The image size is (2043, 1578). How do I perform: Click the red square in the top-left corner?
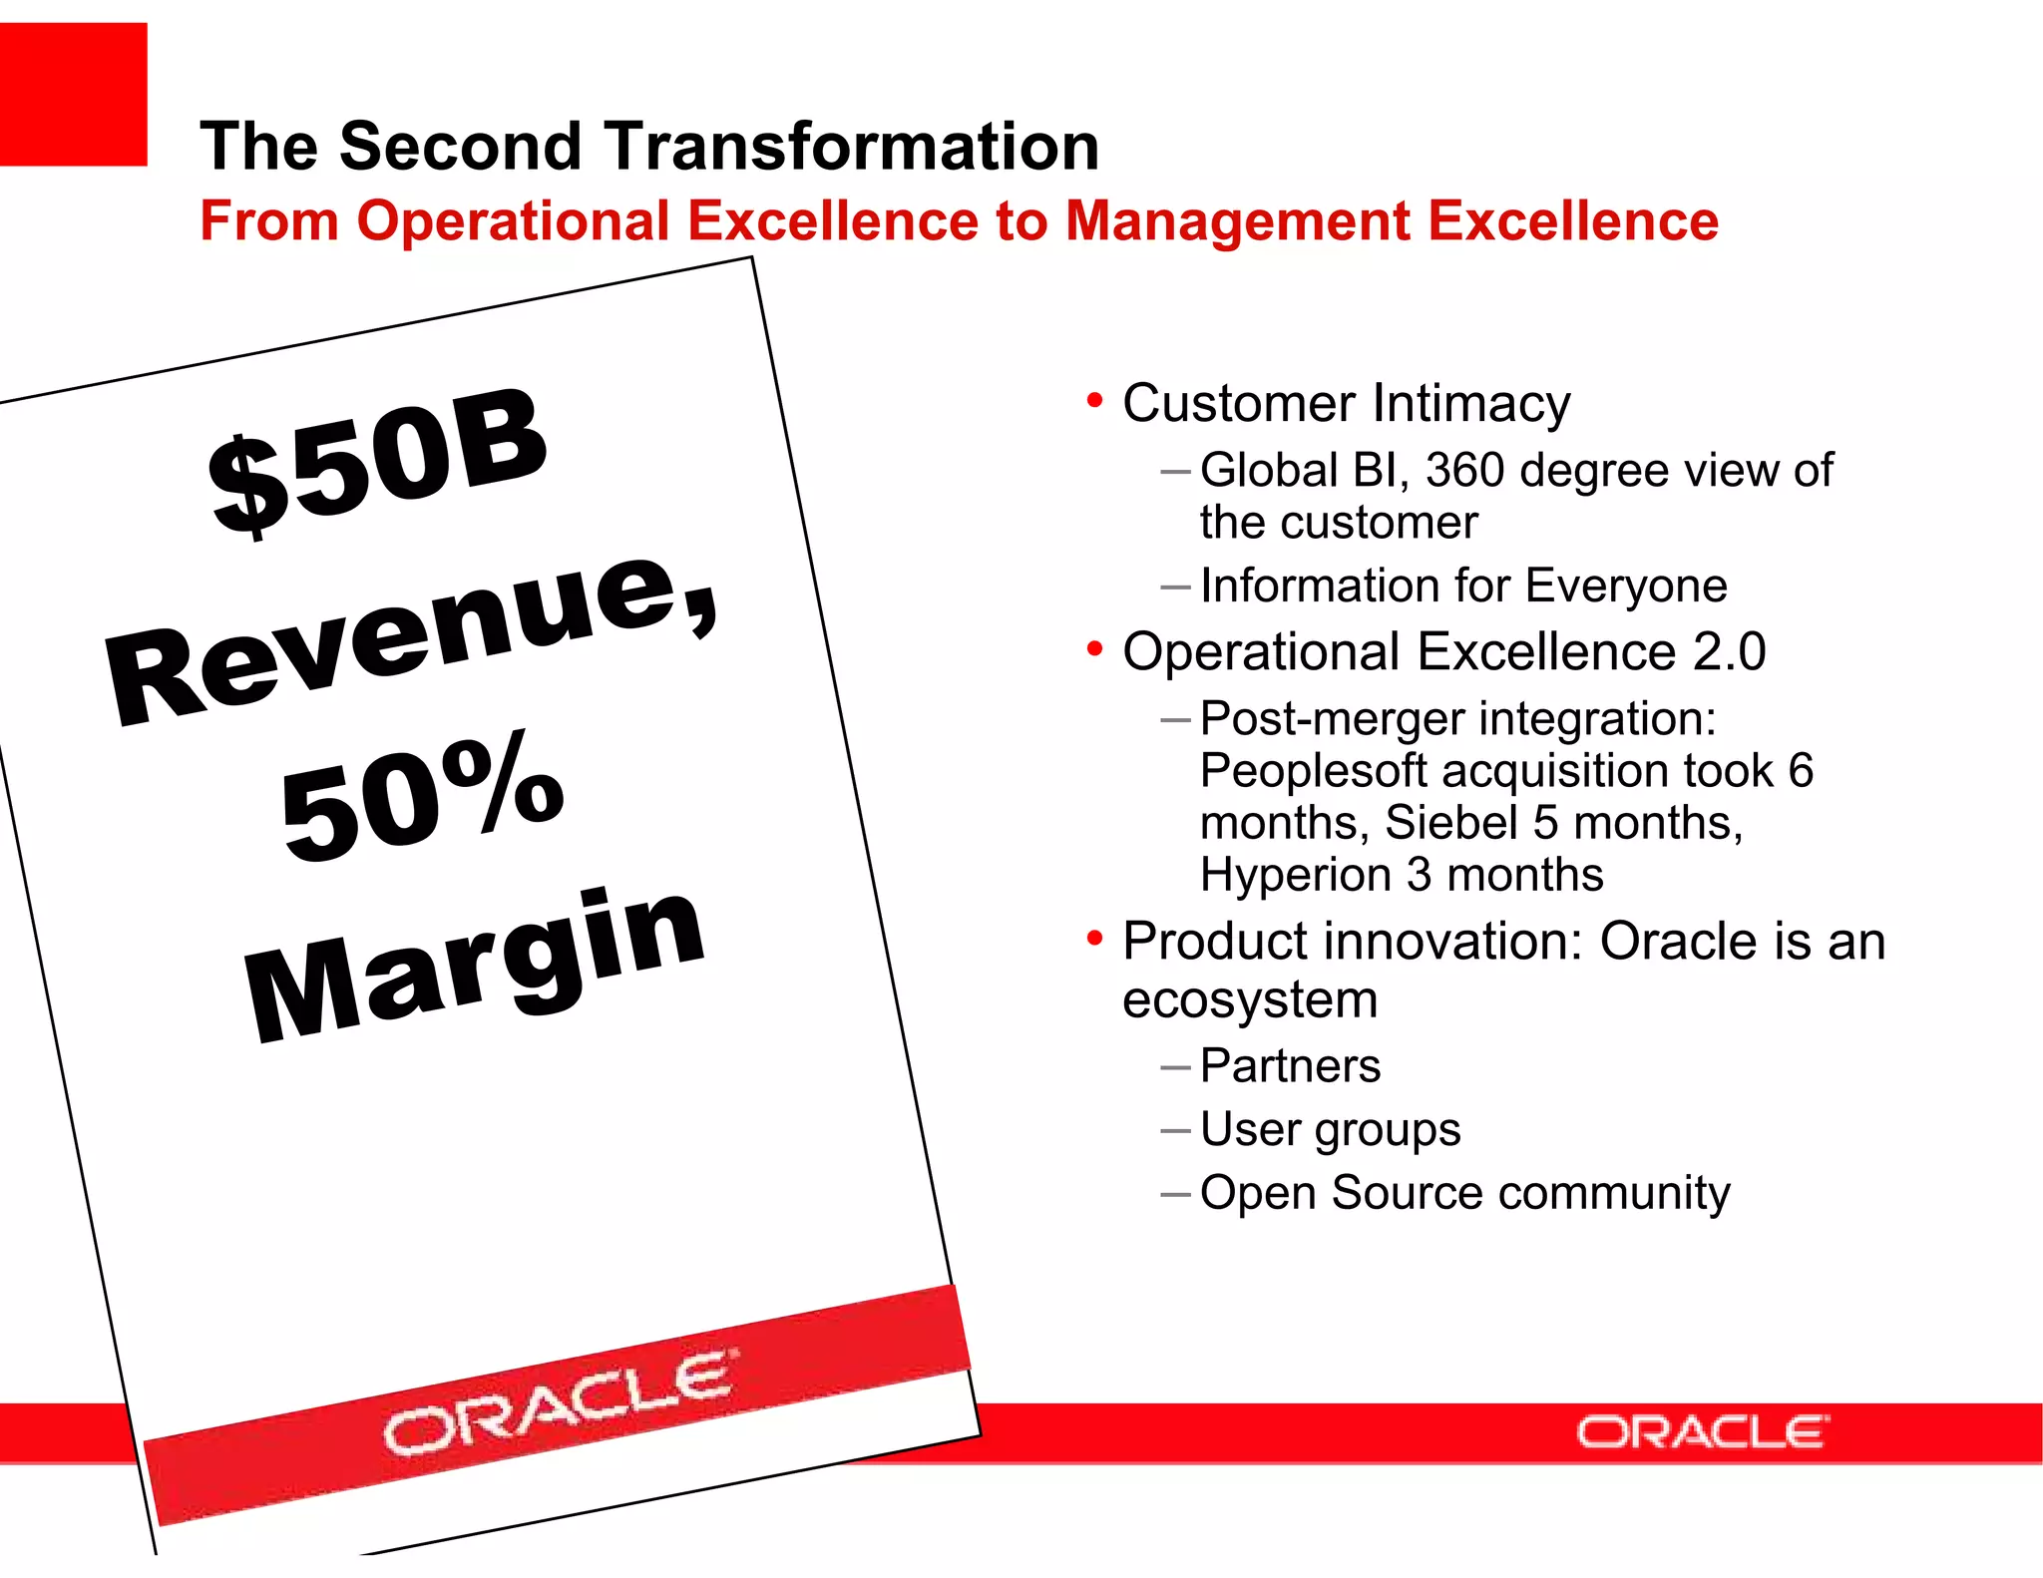click(73, 95)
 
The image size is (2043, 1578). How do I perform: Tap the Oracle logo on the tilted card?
click(559, 1401)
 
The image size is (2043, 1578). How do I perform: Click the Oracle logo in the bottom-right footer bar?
click(1702, 1432)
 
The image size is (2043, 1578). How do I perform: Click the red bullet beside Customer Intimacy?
click(1094, 401)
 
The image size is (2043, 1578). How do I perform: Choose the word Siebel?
click(1450, 823)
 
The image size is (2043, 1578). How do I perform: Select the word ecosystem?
click(1249, 999)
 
